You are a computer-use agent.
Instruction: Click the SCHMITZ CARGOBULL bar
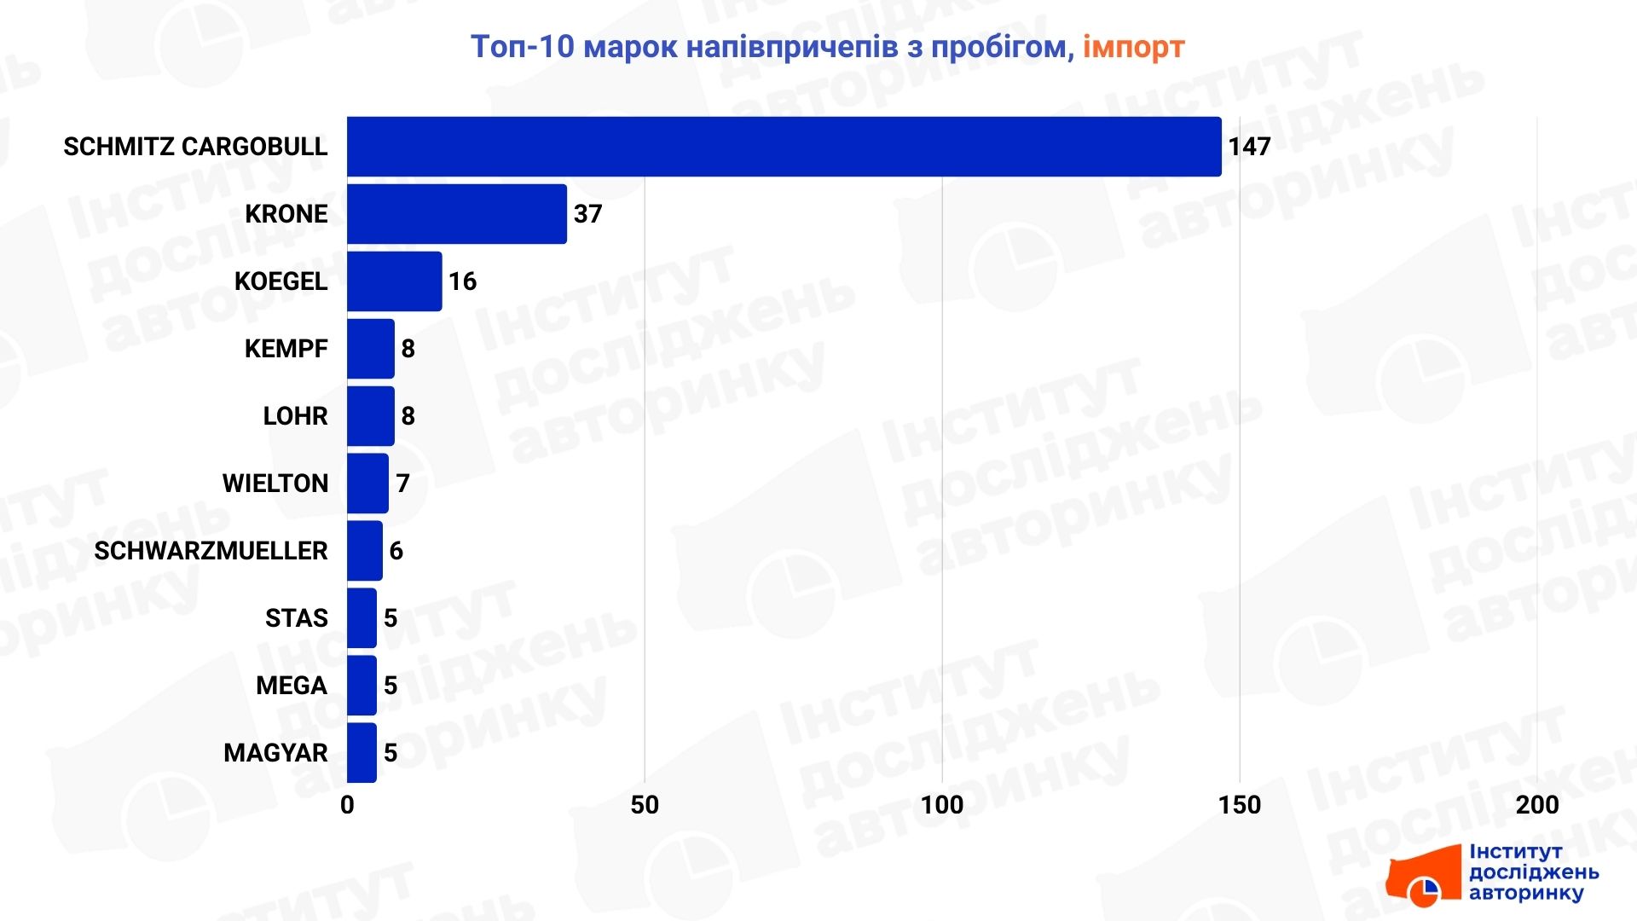click(784, 147)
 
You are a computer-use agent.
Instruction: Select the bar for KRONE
click(457, 214)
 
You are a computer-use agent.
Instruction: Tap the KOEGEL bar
click(395, 281)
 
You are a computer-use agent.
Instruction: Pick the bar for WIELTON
click(367, 484)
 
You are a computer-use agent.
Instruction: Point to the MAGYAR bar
click(362, 753)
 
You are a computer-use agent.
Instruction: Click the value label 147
click(1249, 147)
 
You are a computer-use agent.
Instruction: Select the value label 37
click(588, 214)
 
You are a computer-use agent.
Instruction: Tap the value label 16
click(463, 281)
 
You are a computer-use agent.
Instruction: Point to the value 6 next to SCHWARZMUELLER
click(396, 551)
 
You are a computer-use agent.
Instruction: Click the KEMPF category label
click(286, 349)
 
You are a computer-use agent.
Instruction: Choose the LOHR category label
click(295, 416)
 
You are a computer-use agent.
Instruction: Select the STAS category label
click(296, 618)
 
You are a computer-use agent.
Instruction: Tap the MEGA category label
click(292, 686)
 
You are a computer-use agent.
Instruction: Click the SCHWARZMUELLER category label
click(211, 551)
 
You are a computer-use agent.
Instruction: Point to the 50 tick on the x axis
click(645, 805)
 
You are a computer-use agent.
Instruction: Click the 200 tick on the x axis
click(1537, 805)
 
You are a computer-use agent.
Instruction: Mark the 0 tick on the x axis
click(347, 805)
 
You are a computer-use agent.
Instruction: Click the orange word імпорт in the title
click(1134, 47)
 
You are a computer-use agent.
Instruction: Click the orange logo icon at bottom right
click(1424, 877)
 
